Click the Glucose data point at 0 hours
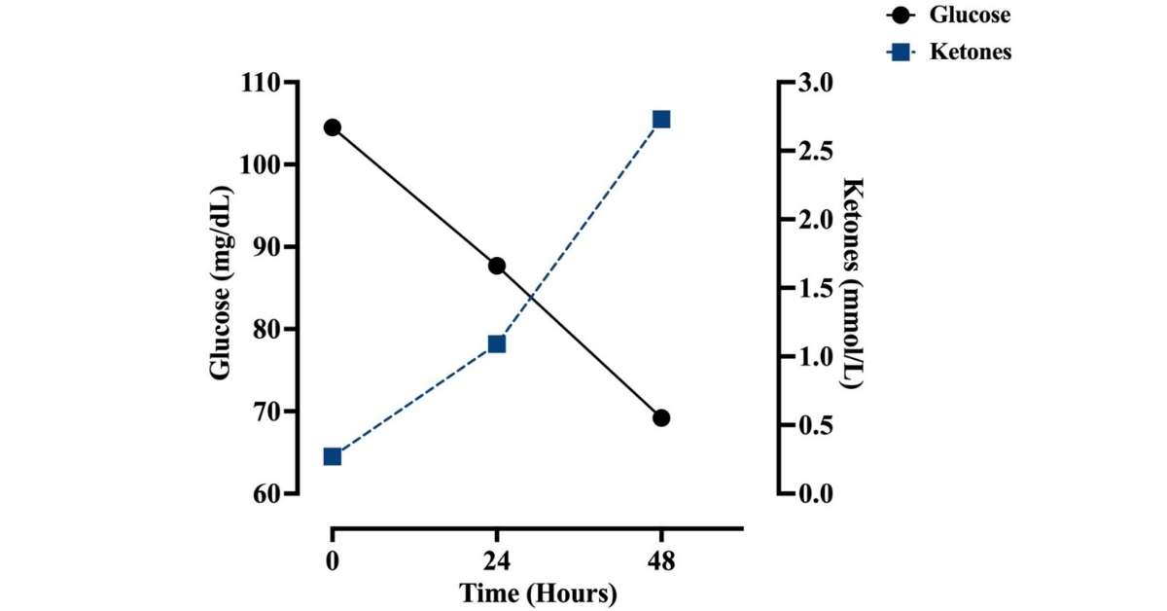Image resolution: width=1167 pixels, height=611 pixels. pyautogui.click(x=333, y=127)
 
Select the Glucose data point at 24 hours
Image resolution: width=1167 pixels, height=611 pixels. pyautogui.click(x=497, y=266)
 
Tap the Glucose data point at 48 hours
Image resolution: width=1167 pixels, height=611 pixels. pyautogui.click(x=661, y=417)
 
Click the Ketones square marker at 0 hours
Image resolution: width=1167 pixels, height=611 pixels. pyautogui.click(x=333, y=456)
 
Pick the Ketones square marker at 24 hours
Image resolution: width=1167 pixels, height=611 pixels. pyautogui.click(x=497, y=343)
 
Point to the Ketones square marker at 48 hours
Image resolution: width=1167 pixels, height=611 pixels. pyautogui.click(x=661, y=120)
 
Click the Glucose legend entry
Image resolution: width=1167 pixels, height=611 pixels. pyautogui.click(x=969, y=16)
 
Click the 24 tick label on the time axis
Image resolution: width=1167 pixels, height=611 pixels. pyautogui.click(x=497, y=563)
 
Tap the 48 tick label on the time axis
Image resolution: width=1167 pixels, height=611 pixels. pyautogui.click(x=661, y=563)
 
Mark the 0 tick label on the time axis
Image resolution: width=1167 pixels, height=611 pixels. pyautogui.click(x=333, y=563)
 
